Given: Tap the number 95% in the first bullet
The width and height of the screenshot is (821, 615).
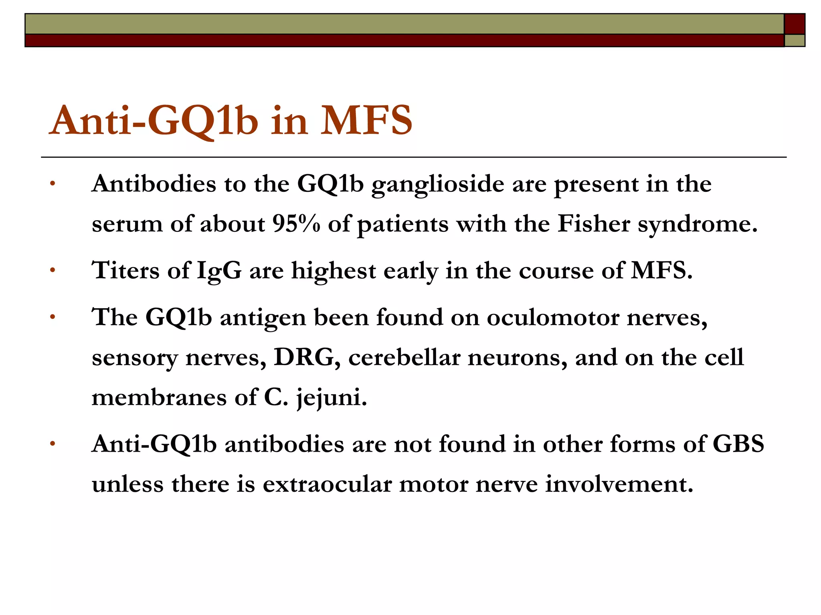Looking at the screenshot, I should point(296,224).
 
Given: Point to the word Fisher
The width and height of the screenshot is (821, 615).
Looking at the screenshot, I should point(594,224).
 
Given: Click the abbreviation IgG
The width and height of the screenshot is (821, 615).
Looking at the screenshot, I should point(219,271).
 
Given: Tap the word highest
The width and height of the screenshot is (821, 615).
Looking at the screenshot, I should point(333,271).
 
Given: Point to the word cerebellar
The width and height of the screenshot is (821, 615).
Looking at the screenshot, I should point(404,357).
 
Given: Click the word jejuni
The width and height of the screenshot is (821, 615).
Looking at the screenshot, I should point(331,398).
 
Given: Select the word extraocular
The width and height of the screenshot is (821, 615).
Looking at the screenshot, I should point(327,484).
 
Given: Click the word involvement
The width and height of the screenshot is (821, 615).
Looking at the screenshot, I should point(619,484).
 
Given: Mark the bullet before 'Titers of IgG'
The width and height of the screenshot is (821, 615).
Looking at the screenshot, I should point(52,271).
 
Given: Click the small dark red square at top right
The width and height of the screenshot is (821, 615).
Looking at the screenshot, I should point(794,24).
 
